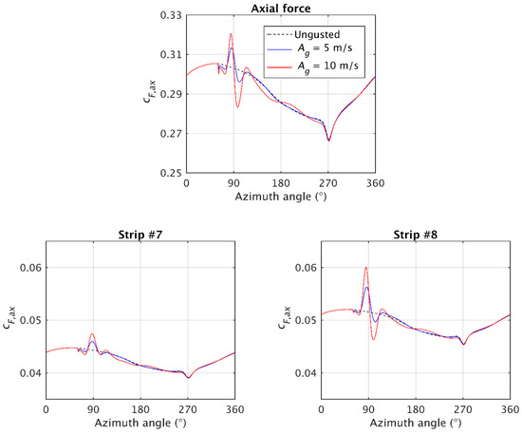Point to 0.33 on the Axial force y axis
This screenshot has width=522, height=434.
click(172, 17)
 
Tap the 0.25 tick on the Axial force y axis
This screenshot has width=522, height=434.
click(172, 174)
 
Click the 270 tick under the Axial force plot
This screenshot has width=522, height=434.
click(328, 182)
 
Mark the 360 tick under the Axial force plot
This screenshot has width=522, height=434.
click(375, 182)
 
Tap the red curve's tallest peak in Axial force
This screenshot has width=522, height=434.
click(231, 34)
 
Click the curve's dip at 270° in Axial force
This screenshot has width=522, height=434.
click(328, 140)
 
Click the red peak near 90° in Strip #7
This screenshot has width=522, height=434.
click(92, 334)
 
